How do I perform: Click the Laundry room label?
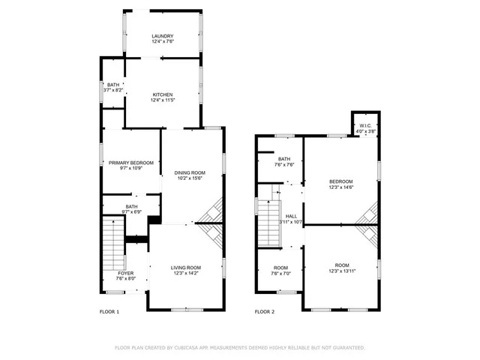(x=163, y=36)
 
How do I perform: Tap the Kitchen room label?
(x=163, y=94)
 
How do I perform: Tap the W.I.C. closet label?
(x=365, y=125)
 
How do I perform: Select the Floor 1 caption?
(x=109, y=311)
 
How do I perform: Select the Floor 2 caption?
(x=264, y=311)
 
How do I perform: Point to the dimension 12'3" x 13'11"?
(x=342, y=271)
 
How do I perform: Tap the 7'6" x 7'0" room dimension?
(x=280, y=273)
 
